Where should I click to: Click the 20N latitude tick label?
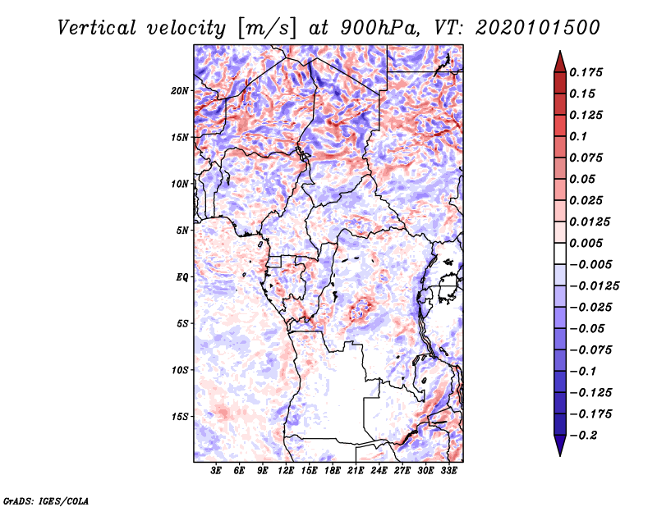pyautogui.click(x=180, y=90)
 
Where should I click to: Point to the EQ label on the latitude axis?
pyautogui.click(x=182, y=277)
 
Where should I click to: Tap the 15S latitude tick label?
pyautogui.click(x=180, y=417)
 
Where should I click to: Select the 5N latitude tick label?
pyautogui.click(x=182, y=231)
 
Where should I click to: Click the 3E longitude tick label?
pyautogui.click(x=217, y=471)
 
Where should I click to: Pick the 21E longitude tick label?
pyautogui.click(x=356, y=471)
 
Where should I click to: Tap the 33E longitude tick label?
pyautogui.click(x=449, y=471)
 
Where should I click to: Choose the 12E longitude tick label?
pyautogui.click(x=287, y=471)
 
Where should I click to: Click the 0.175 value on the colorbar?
pyautogui.click(x=587, y=72)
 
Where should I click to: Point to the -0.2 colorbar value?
pyautogui.click(x=585, y=435)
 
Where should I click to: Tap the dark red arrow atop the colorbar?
pyautogui.click(x=559, y=60)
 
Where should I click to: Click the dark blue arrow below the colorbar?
pyautogui.click(x=559, y=447)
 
